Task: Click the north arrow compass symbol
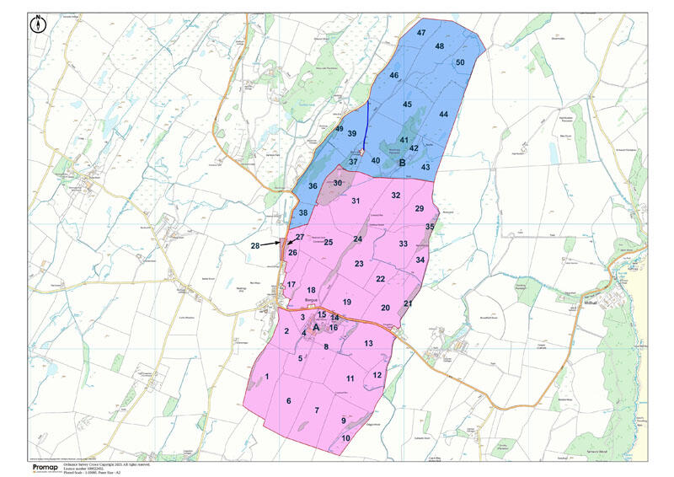[x=39, y=24]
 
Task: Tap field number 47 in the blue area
[x=421, y=33]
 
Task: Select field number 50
[x=460, y=62]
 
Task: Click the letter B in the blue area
[x=403, y=163]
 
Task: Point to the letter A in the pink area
[x=317, y=326]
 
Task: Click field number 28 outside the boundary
[x=255, y=245]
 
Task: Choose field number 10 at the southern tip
[x=345, y=438]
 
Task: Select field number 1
[x=267, y=377]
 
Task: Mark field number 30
[x=338, y=182]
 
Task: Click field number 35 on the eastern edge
[x=430, y=227]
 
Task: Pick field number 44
[x=443, y=115]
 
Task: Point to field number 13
[x=368, y=343]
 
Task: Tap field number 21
[x=408, y=303]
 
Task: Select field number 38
[x=303, y=212]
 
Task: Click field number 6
[x=288, y=400]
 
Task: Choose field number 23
[x=359, y=264]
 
